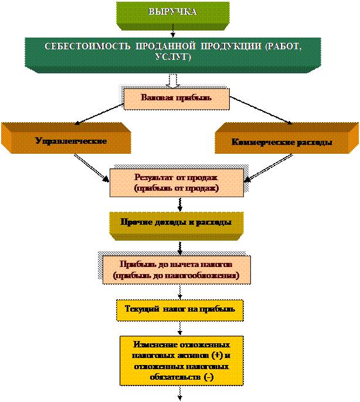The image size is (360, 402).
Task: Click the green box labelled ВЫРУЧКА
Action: pyautogui.click(x=172, y=12)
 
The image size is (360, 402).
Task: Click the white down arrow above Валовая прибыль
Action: pyautogui.click(x=172, y=81)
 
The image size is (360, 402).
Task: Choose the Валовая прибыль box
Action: pyautogui.click(x=176, y=98)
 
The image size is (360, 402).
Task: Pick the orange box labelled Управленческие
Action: pyautogui.click(x=71, y=141)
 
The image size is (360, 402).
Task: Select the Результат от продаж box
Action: pyautogui.click(x=176, y=183)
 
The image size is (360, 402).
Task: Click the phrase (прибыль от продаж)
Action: pyautogui.click(x=176, y=189)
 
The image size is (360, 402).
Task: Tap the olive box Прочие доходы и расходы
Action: pyautogui.click(x=176, y=223)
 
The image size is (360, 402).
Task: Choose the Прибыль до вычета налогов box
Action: pyautogui.click(x=176, y=269)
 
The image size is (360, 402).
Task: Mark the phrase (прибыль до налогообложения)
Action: pyautogui.click(x=176, y=275)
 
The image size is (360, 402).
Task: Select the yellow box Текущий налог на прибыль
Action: pyautogui.click(x=180, y=309)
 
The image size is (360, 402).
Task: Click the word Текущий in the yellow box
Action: pyautogui.click(x=141, y=309)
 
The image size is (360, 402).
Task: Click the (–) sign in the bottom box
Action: pyautogui.click(x=208, y=377)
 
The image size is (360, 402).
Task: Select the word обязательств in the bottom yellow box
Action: pyautogui.click(x=174, y=377)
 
